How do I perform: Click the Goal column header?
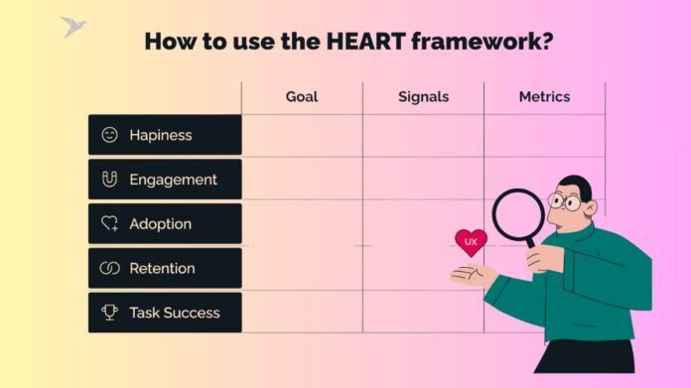click(302, 97)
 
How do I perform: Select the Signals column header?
click(423, 97)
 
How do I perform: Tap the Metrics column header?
click(544, 97)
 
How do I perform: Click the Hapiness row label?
click(161, 135)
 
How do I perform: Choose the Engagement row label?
click(173, 180)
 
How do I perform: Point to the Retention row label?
click(162, 268)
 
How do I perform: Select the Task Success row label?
click(175, 313)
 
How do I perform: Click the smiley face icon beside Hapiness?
click(109, 135)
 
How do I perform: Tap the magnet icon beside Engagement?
click(109, 180)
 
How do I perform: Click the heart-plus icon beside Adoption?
click(109, 224)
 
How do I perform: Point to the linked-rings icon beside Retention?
click(109, 268)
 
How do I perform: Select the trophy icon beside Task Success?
click(109, 313)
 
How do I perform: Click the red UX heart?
click(471, 242)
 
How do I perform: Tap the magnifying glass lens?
click(518, 215)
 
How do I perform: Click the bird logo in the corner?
click(71, 26)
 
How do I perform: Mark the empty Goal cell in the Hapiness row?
click(302, 135)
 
